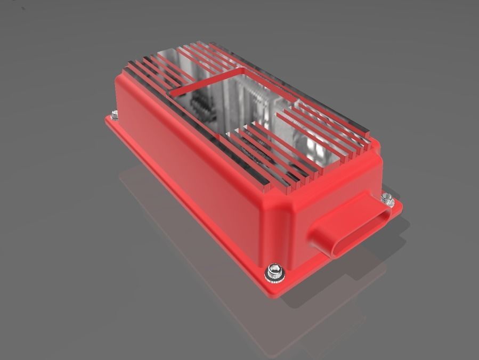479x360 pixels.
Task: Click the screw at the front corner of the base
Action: click(x=275, y=272)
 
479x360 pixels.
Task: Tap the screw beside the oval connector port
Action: click(x=388, y=199)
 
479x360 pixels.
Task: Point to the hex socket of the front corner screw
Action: click(x=275, y=269)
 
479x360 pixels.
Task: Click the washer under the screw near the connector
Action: click(x=387, y=203)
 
